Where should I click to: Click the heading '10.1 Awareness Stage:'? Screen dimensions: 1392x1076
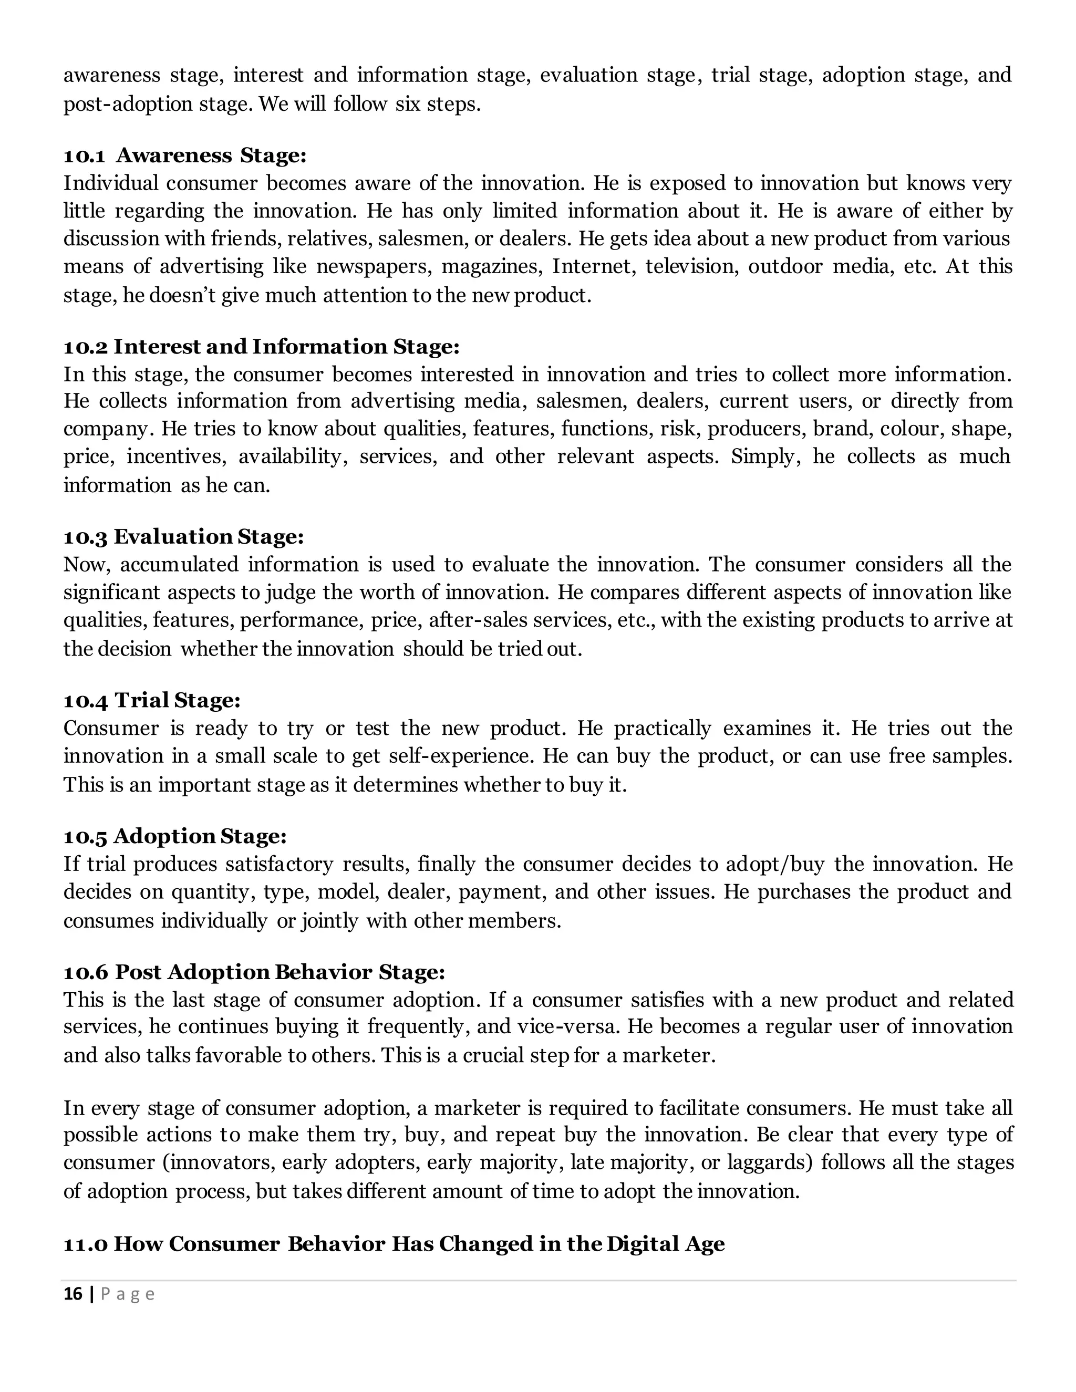[185, 155]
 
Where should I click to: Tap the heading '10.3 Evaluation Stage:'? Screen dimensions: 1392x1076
[183, 537]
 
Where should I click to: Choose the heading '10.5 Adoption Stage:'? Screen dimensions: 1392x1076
[175, 836]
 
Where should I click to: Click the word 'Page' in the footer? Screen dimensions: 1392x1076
[128, 1294]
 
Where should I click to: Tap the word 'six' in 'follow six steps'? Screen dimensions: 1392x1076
[407, 104]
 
